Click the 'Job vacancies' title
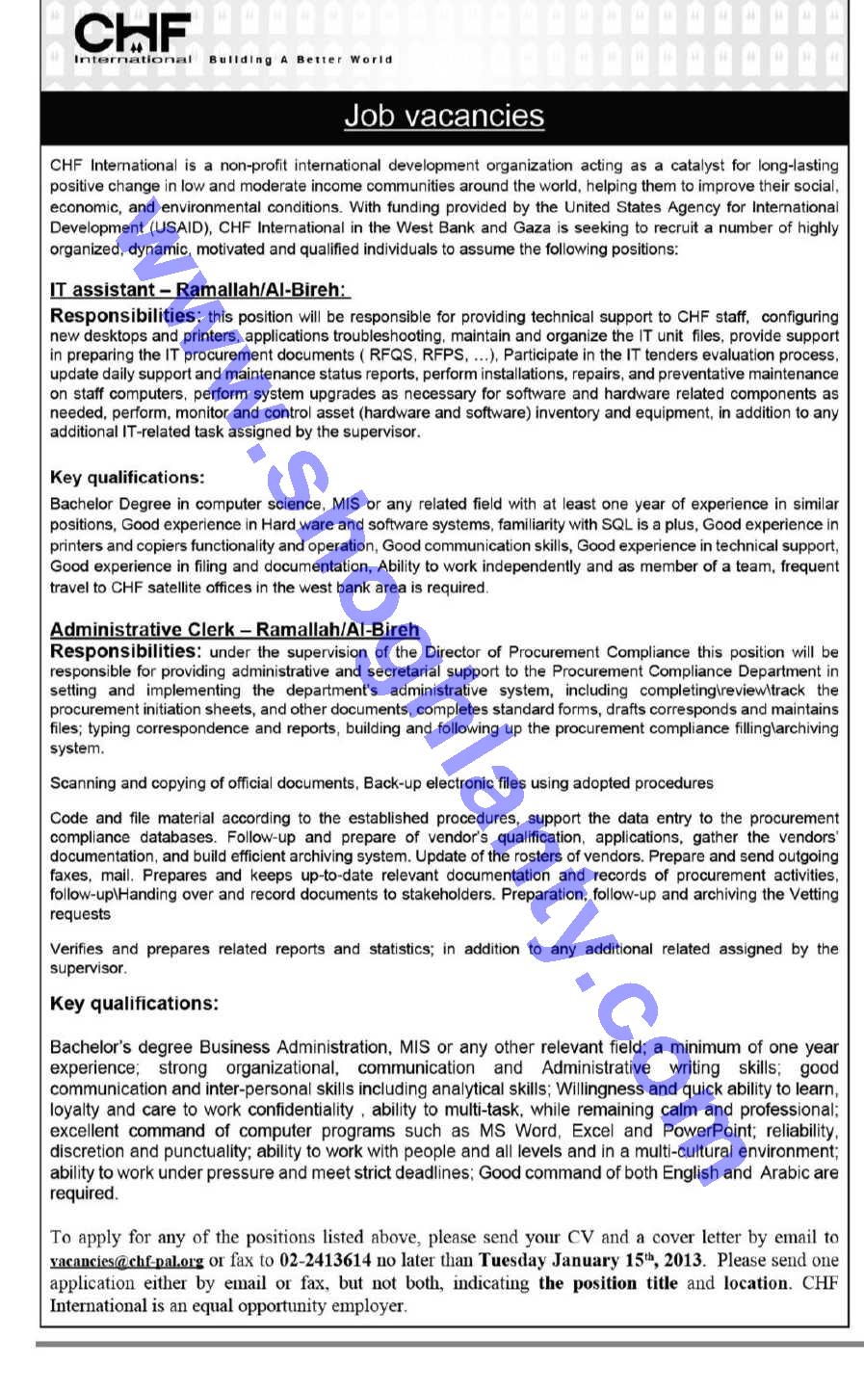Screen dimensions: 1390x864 coord(444,116)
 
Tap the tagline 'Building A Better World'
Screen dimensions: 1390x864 coord(301,60)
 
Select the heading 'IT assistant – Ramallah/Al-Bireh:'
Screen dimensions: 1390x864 coord(199,290)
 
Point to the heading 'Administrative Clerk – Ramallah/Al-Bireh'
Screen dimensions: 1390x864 coord(234,630)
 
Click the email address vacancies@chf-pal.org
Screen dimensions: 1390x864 coord(127,1260)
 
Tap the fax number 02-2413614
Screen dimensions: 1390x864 coord(326,1260)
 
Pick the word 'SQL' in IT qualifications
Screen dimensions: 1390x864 coord(616,525)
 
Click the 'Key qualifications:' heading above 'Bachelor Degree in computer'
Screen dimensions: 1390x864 coord(127,478)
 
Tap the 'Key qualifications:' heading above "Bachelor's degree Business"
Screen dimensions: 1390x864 coord(134,1004)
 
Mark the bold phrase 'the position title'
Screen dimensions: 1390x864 coord(608,1283)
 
